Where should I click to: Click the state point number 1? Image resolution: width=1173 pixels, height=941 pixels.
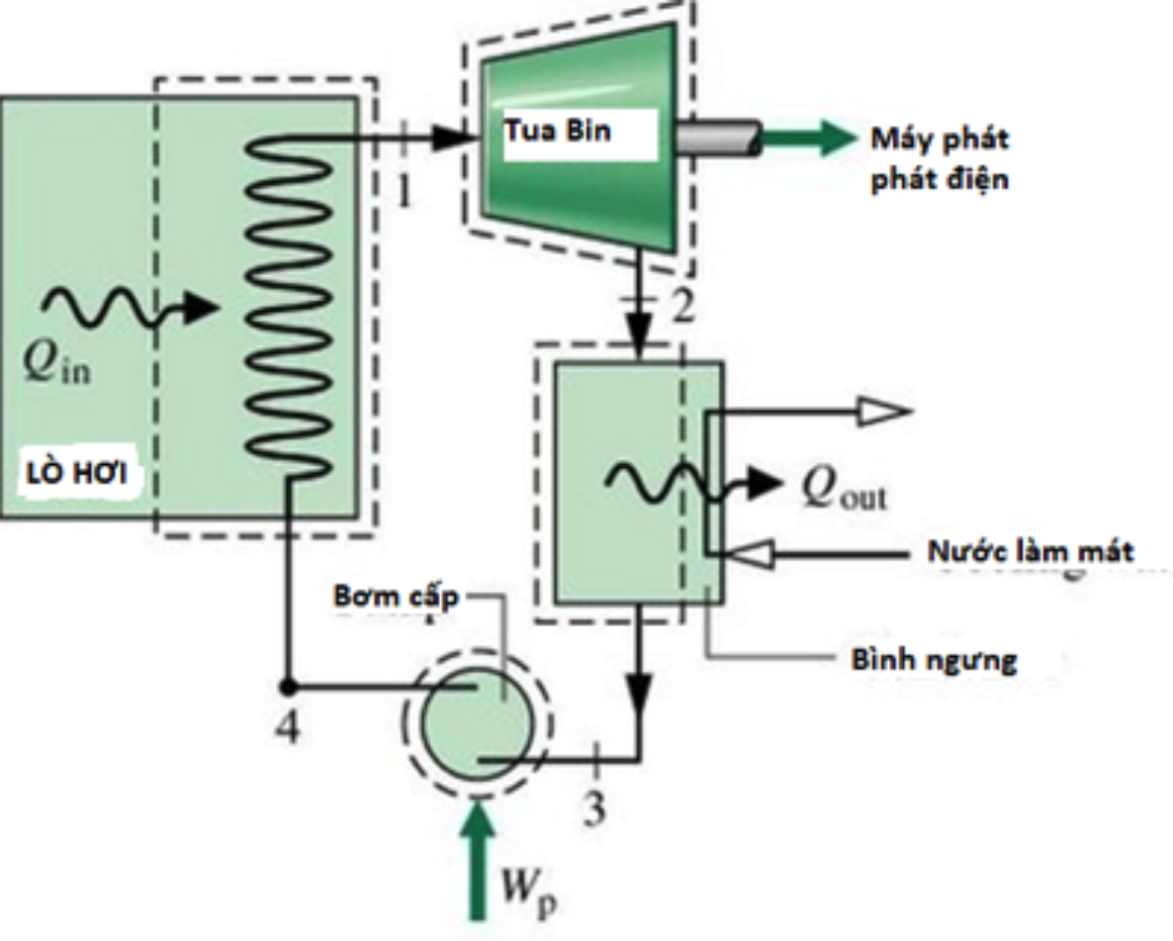(x=403, y=193)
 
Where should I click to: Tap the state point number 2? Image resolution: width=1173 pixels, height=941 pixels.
(x=679, y=310)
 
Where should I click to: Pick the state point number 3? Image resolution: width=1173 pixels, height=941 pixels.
(x=593, y=810)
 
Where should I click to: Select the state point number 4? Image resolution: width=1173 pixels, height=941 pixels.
(x=287, y=729)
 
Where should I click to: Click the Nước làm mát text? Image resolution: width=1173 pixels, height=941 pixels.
(x=1029, y=551)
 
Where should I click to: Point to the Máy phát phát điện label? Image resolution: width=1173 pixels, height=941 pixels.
(x=940, y=159)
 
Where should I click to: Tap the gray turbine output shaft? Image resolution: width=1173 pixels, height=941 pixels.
(x=716, y=139)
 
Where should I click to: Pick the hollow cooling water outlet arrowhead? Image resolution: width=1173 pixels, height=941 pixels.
(x=882, y=409)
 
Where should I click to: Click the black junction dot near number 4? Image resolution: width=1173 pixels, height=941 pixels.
(x=287, y=686)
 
